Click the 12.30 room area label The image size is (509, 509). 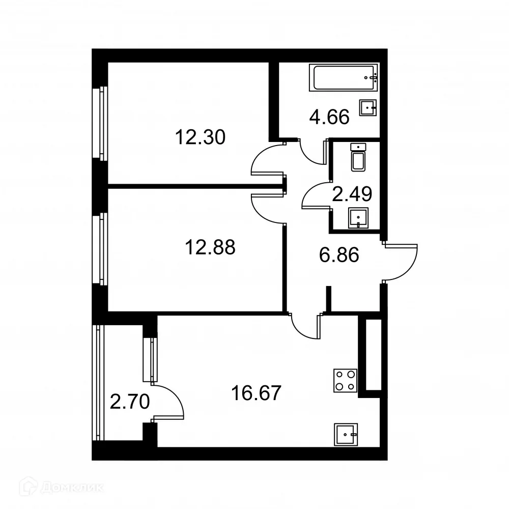coord(200,137)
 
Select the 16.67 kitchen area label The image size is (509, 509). coord(256,393)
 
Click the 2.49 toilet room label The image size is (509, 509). coord(352,193)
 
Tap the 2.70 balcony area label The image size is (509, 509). coord(130,403)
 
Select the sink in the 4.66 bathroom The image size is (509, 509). coord(368,107)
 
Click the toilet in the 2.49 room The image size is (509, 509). coord(358,158)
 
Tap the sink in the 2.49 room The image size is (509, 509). coord(358,219)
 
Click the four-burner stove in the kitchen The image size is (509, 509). coord(345,380)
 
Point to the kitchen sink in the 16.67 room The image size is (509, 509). coord(347,434)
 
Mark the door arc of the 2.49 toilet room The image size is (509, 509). coord(315,194)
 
